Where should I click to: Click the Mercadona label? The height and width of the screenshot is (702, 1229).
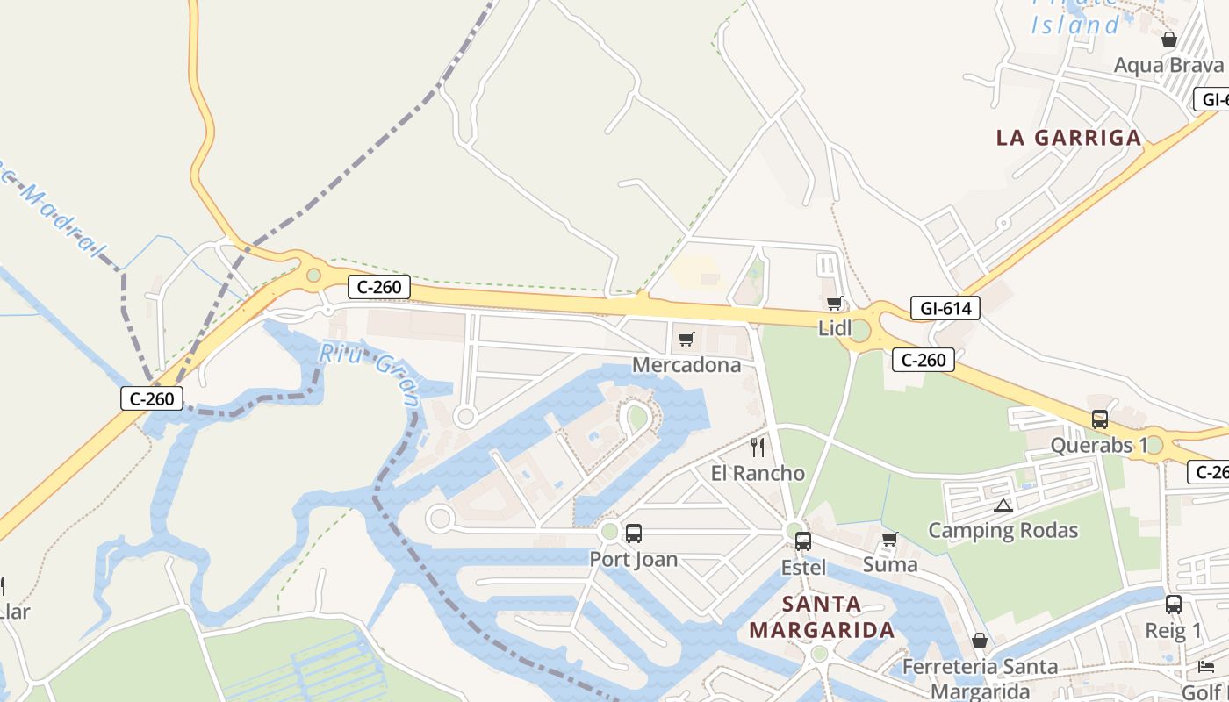coord(686,365)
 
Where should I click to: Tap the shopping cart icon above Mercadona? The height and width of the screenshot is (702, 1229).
coord(686,339)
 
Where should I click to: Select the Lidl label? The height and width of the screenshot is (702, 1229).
coord(835,329)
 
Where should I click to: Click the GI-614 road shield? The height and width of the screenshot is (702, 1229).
coord(945,308)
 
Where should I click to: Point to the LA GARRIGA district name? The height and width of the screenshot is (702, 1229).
coord(1068,138)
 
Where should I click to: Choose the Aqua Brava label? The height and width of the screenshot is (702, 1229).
coord(1168,66)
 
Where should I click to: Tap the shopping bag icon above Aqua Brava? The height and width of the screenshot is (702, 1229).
coord(1168,39)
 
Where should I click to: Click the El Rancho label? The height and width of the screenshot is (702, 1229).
coord(758,474)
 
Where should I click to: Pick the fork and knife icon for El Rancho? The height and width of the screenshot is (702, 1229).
coord(758,448)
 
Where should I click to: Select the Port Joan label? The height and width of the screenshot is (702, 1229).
coord(633,559)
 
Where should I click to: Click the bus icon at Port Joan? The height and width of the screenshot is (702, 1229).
coord(633,533)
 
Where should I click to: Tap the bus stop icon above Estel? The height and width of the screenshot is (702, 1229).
coord(803,541)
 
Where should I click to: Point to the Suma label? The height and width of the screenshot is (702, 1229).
coord(890,565)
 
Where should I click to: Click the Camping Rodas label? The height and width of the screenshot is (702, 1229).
coord(1003,531)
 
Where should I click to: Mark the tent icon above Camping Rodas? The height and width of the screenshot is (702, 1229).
coord(1003,505)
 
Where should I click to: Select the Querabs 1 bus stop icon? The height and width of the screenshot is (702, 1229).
coord(1099,419)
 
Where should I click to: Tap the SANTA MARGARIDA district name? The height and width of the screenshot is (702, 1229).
coord(822,617)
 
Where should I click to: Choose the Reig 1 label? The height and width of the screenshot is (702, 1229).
coord(1173,631)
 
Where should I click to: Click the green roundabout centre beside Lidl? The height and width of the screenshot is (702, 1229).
coord(860,331)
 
